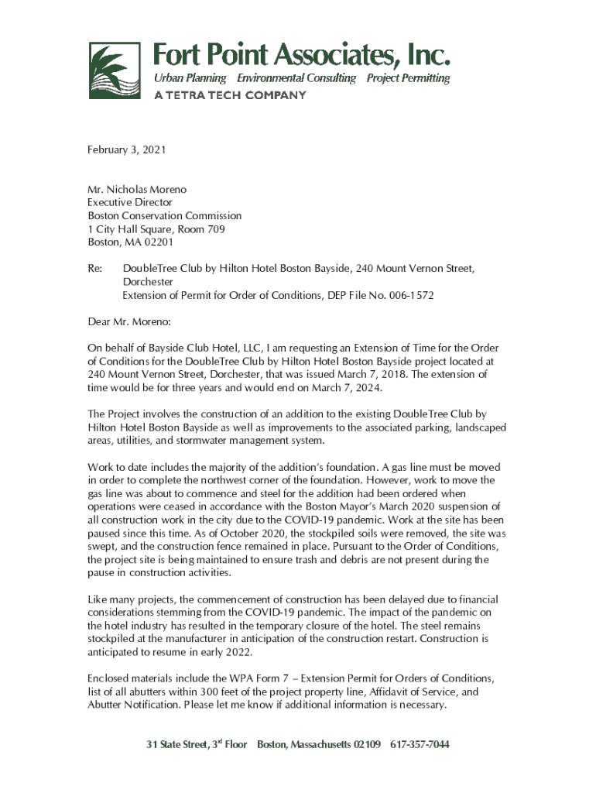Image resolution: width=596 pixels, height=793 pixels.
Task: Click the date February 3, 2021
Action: coord(127,149)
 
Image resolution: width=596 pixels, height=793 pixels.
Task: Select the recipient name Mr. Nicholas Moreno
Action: coord(137,189)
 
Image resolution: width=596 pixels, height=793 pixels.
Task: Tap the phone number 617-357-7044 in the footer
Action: coord(420,745)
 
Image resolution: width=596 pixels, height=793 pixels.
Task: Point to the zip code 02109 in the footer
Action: coord(367,745)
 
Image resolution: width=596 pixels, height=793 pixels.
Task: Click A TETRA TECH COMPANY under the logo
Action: coord(230,95)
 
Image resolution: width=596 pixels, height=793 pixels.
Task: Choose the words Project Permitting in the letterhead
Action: coord(408,78)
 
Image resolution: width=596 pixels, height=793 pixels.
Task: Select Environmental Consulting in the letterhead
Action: coord(296,78)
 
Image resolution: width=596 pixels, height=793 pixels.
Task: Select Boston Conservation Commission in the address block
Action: coord(164,215)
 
